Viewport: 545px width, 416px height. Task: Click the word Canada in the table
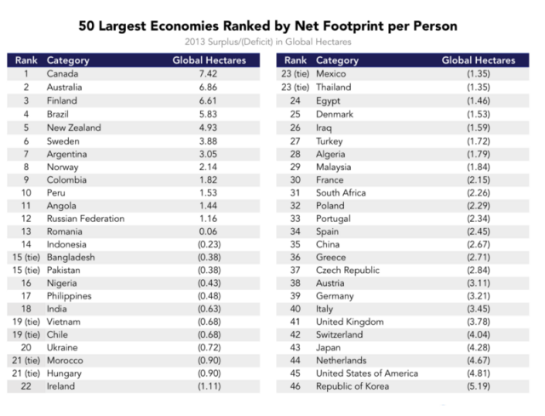pos(62,74)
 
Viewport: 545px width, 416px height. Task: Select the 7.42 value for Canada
pos(209,74)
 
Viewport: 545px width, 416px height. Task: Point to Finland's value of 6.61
pos(209,100)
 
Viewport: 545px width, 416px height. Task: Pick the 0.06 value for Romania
pos(209,231)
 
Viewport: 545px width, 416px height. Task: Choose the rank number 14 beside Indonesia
pos(26,245)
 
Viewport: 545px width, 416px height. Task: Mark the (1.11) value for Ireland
pos(209,386)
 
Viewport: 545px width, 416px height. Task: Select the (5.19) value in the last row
pos(478,386)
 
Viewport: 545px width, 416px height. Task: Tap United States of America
pos(367,373)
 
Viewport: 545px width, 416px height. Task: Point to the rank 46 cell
pos(295,386)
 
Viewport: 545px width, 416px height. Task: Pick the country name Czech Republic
pos(348,270)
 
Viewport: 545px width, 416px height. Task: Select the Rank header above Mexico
pos(295,60)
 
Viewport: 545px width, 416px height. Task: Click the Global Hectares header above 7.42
pos(209,60)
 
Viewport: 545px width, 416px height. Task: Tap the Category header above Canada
pos(68,60)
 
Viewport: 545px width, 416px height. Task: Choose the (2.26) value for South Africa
pos(478,192)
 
